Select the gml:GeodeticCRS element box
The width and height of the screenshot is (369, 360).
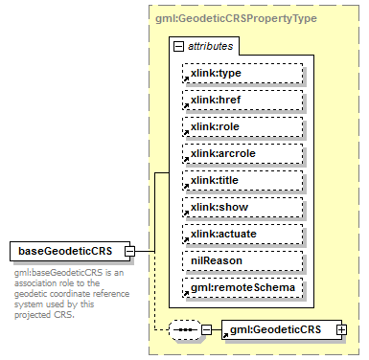[x=277, y=330]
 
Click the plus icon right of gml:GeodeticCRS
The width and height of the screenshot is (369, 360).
[x=341, y=330]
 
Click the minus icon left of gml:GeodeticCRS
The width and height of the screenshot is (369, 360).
[x=207, y=330]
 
